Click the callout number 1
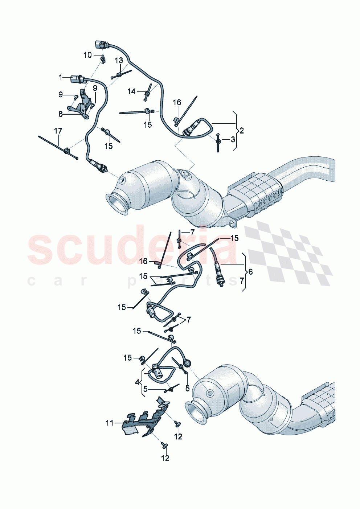tap(61, 77)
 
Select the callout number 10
tap(88, 55)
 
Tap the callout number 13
tap(119, 61)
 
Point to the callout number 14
tap(131, 91)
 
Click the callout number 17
tap(58, 131)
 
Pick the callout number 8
tap(61, 114)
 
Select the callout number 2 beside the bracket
tap(242, 131)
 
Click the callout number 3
tap(233, 139)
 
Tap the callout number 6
tap(250, 272)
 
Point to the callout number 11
tap(110, 423)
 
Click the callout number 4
tap(137, 382)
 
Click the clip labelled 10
tap(103, 58)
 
